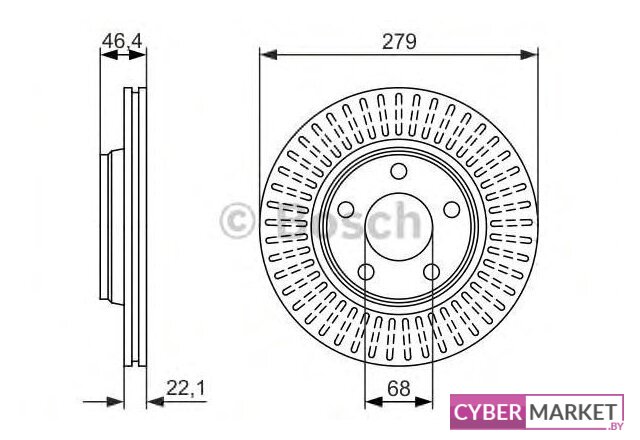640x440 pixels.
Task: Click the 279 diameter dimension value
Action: coord(398,41)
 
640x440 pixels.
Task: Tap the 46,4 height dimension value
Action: coord(121,41)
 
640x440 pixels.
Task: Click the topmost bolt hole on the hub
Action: coord(399,169)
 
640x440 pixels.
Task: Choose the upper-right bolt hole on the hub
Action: coord(452,208)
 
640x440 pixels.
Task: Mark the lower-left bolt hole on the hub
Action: coord(366,271)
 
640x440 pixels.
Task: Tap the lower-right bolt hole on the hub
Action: coord(432,271)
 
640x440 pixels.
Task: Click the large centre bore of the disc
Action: coord(399,227)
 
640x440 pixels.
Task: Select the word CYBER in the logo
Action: coord(486,412)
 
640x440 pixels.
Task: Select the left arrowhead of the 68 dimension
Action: coord(371,401)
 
